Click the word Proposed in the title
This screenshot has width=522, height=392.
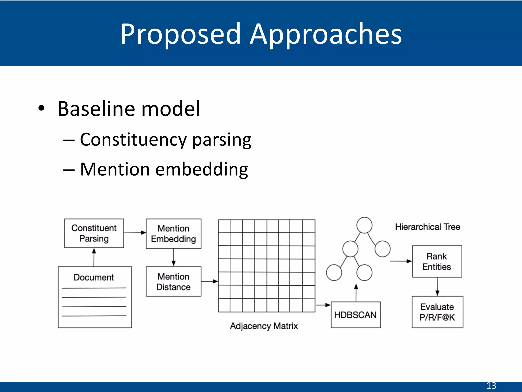pos(180,34)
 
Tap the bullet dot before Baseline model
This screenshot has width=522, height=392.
pos(41,108)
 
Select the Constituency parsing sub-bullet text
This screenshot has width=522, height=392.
pos(166,140)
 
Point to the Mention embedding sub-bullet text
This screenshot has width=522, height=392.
pos(164,169)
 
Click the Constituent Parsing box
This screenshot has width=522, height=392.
pos(94,233)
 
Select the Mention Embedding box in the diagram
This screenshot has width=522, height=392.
pos(173,234)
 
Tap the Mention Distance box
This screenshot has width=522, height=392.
pos(173,281)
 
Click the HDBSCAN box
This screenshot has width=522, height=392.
pos(355,315)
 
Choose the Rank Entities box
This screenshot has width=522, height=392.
pos(437,261)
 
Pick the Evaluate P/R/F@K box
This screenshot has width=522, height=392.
pos(437,312)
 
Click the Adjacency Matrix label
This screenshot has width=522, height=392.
pos(264,326)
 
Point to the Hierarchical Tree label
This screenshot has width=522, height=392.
pos(427,227)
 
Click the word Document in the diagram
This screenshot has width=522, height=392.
pos(94,277)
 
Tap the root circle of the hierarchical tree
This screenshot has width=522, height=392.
pos(364,225)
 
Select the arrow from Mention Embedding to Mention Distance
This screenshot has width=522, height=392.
pos(174,258)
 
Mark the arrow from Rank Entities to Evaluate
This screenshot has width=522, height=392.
pos(437,287)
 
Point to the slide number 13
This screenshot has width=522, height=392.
pos(491,386)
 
